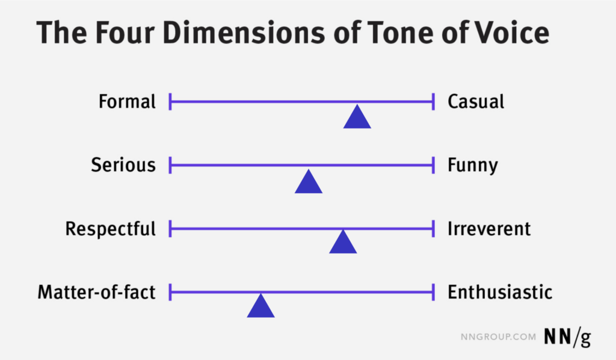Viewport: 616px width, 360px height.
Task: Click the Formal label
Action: click(x=127, y=101)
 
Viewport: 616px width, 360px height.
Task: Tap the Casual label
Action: click(x=476, y=101)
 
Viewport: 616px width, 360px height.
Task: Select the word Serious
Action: click(x=123, y=165)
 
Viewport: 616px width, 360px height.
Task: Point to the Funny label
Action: click(x=473, y=166)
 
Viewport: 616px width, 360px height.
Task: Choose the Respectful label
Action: click(x=111, y=229)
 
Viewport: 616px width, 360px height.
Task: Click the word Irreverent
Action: click(x=489, y=229)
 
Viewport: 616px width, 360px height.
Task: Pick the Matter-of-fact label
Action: click(x=97, y=292)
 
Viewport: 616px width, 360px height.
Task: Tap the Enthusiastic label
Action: click(x=500, y=292)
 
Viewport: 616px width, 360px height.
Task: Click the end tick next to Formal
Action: click(x=170, y=102)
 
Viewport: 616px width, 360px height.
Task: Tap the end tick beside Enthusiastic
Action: click(x=433, y=292)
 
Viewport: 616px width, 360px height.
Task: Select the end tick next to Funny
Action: click(x=433, y=165)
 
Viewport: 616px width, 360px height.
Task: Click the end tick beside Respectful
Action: click(x=170, y=229)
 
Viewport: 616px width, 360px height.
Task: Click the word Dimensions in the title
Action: click(x=244, y=33)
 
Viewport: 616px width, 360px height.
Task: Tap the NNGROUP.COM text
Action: click(x=498, y=337)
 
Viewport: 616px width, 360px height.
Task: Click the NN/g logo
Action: click(x=567, y=337)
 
